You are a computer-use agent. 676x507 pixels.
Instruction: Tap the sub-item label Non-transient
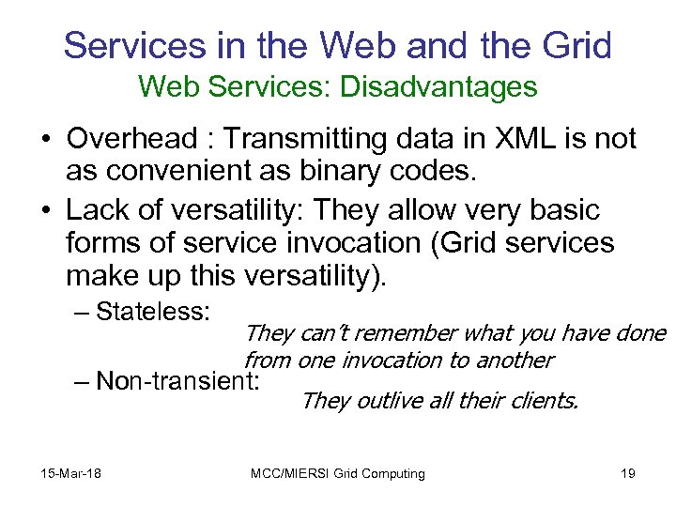[177, 380]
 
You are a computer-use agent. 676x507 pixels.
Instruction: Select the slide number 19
[628, 473]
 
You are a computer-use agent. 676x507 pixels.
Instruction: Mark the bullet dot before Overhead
[45, 140]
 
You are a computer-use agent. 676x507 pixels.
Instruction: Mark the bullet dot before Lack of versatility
[45, 209]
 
